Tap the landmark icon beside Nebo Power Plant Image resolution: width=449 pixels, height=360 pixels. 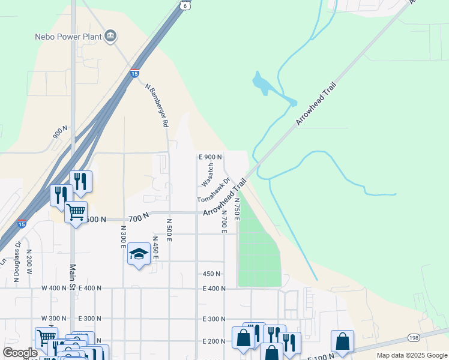(x=110, y=37)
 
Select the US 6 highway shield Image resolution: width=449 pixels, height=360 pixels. (x=185, y=4)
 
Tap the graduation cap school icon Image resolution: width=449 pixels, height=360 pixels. (x=139, y=254)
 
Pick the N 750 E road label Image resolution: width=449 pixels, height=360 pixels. (x=237, y=209)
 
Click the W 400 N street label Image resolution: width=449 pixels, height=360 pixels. (x=53, y=289)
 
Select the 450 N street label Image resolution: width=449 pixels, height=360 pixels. (x=212, y=274)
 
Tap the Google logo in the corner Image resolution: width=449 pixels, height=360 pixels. (x=19, y=353)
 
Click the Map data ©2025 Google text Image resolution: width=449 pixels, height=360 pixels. (x=411, y=355)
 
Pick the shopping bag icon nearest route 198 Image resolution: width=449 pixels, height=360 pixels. (x=342, y=341)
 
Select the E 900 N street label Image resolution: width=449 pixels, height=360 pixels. (x=211, y=157)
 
